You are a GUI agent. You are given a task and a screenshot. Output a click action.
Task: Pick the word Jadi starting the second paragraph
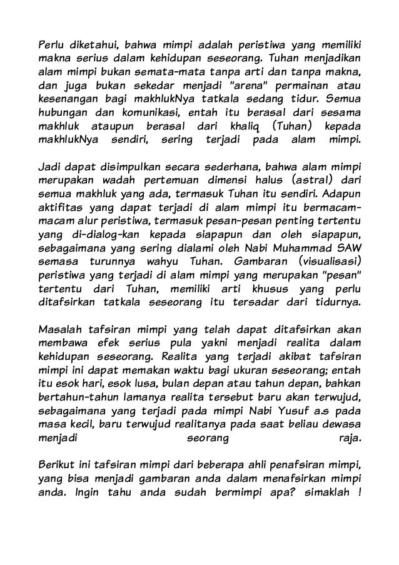tap(49, 168)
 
